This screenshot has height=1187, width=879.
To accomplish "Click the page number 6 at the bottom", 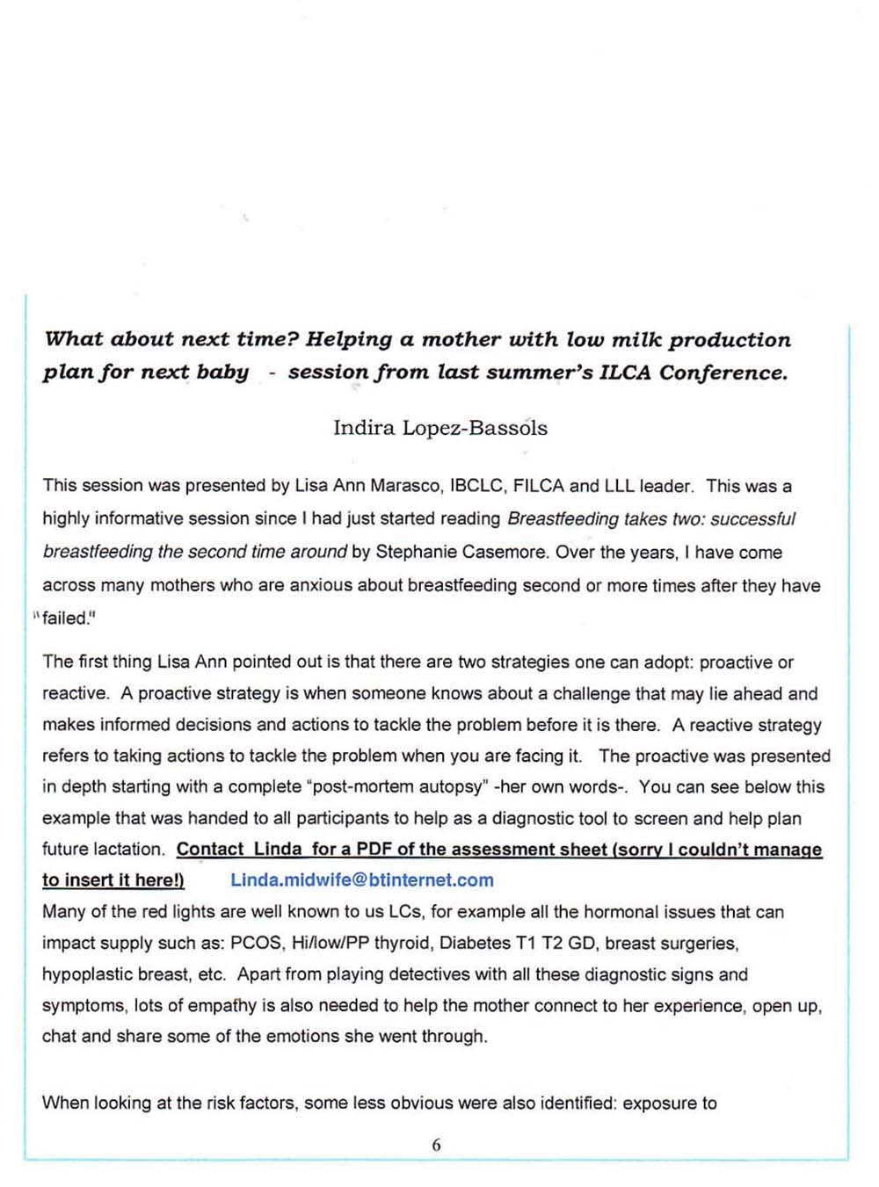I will coord(436,1145).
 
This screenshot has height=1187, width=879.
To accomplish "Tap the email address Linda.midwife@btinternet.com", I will coord(362,880).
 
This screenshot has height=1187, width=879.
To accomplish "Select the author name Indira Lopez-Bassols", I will coord(439,428).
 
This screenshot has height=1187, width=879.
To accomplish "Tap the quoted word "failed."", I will coord(68,619).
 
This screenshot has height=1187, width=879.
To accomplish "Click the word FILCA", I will coord(538,486).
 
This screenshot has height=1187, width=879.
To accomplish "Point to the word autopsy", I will coord(461,787).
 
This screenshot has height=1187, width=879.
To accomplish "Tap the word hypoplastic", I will coord(88,975).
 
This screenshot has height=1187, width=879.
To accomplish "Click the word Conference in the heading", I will coord(723,373).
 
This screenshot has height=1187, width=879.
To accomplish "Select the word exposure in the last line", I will coord(659,1104).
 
